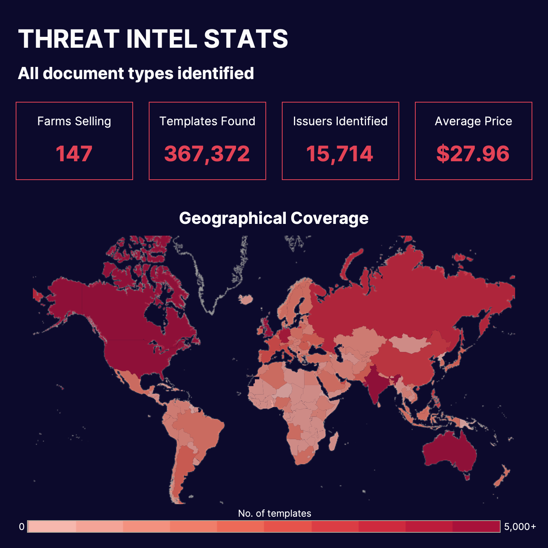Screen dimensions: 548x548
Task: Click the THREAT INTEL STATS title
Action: (153, 39)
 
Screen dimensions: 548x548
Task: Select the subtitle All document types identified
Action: (136, 73)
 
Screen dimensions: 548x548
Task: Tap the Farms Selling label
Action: (74, 121)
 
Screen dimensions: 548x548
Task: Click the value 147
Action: (74, 153)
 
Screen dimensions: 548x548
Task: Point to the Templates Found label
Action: (207, 121)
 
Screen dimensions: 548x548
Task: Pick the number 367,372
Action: (207, 153)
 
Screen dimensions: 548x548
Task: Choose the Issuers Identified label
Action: (340, 121)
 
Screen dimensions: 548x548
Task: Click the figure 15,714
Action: (340, 153)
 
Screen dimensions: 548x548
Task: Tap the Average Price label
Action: (473, 121)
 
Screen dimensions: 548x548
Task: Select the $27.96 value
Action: (473, 153)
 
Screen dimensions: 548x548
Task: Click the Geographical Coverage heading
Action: (274, 218)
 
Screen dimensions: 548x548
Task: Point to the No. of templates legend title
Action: (274, 513)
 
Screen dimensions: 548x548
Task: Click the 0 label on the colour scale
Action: (22, 526)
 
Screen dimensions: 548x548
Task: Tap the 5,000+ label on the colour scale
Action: (520, 526)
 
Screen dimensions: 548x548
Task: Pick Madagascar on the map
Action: (333, 442)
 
